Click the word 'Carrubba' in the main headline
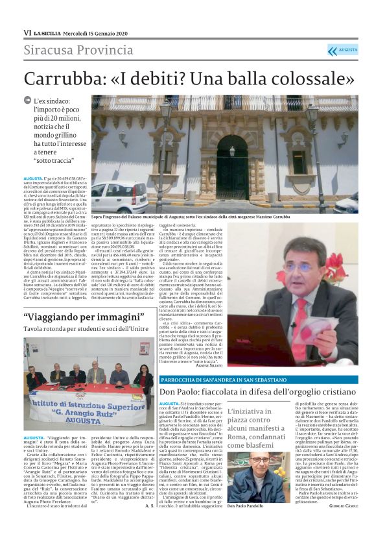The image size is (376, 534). click(x=65, y=80)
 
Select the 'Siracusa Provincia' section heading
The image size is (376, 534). click(x=79, y=51)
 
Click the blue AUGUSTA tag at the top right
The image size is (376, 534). click(x=343, y=50)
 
